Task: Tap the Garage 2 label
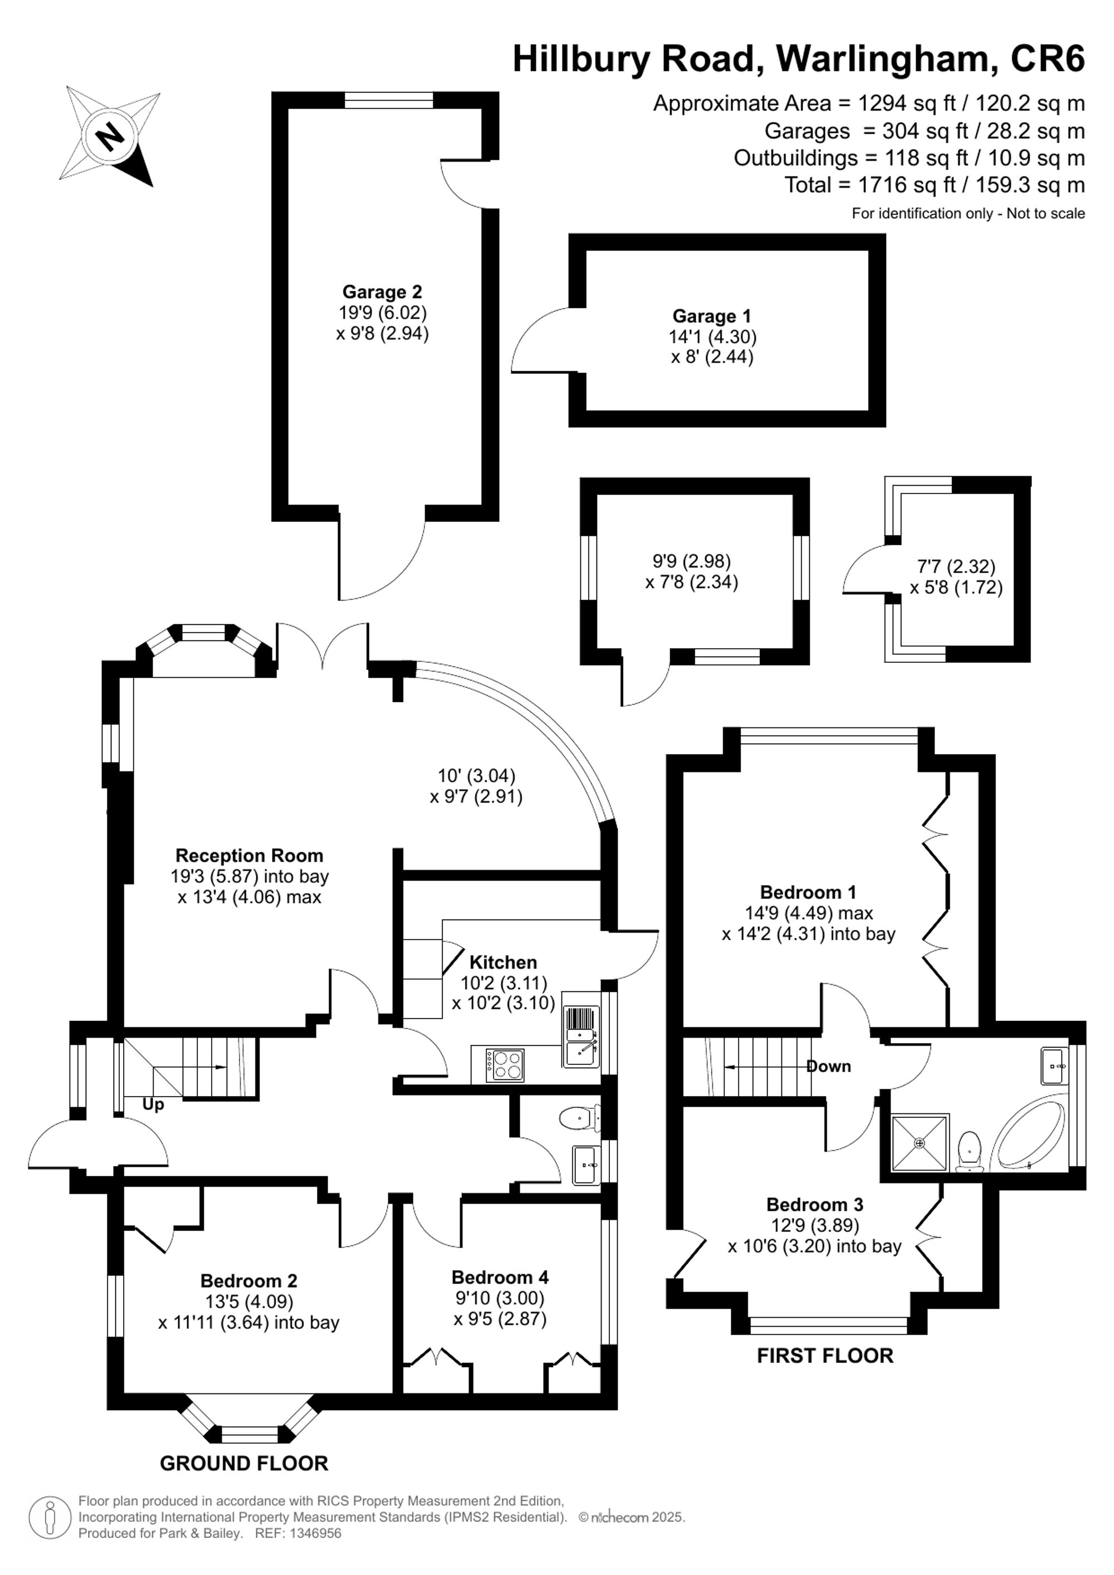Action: point(382,292)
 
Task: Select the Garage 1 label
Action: point(711,316)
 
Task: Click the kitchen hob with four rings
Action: point(505,1065)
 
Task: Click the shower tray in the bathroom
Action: point(920,1142)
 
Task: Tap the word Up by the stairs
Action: point(153,1104)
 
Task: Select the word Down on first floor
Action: point(829,1066)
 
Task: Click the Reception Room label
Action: point(249,855)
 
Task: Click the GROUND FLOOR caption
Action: point(243,1464)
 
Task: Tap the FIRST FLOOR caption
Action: point(825,1356)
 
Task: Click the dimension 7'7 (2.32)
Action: point(956,566)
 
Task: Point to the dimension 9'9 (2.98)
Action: point(691,561)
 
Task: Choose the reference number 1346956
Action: point(317,1533)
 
